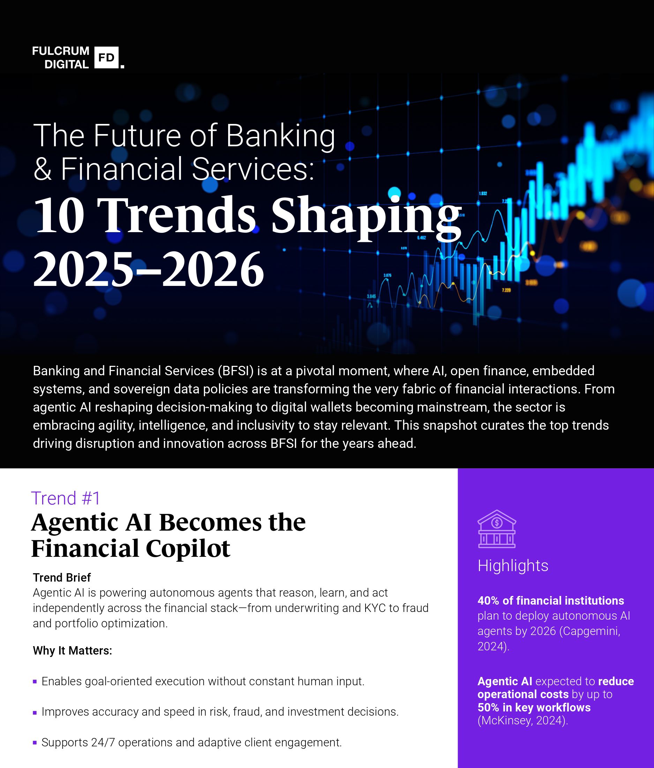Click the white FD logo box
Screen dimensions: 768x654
click(106, 58)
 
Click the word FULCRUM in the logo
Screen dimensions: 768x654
click(61, 51)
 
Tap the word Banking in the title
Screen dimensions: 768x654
click(280, 136)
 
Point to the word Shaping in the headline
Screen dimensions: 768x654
click(367, 216)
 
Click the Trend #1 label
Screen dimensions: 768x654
click(66, 498)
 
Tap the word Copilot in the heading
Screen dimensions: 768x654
click(188, 548)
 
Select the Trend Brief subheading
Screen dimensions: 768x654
click(62, 577)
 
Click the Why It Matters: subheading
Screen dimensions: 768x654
click(72, 650)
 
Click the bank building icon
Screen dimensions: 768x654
click(497, 529)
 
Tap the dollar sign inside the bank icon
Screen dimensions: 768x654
click(497, 523)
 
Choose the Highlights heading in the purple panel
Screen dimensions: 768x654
click(512, 566)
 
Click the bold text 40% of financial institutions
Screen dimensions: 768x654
click(550, 600)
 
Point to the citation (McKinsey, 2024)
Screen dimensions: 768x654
click(523, 721)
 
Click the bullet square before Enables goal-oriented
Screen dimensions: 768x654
click(35, 681)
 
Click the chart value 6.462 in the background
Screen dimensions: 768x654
click(421, 238)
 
